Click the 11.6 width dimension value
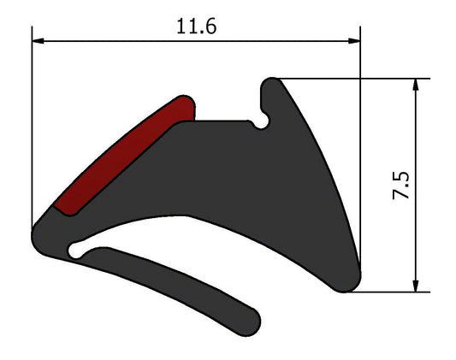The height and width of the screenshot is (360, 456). (196, 25)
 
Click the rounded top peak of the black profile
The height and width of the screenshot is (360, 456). (270, 86)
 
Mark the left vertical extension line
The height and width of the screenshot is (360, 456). (33, 128)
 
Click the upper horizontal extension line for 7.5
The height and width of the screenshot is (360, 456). (359, 80)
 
